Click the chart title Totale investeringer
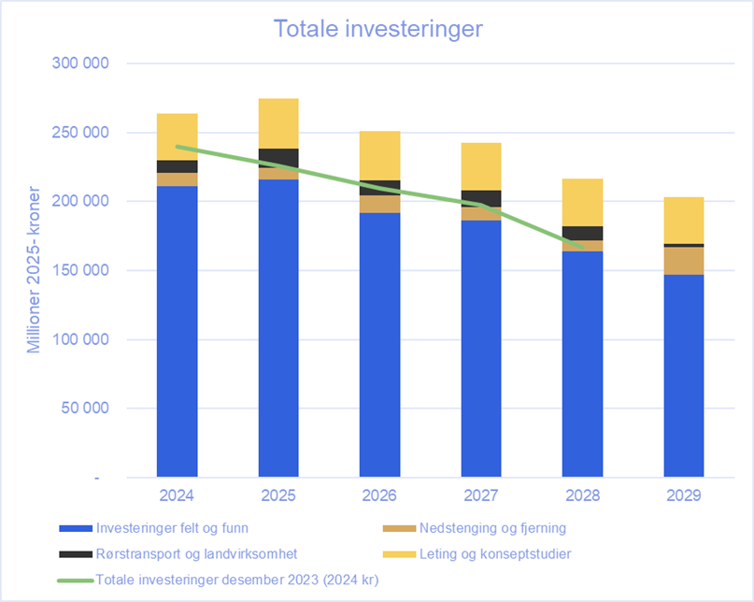tap(377, 29)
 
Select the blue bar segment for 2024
tap(177, 332)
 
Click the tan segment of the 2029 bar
tap(684, 261)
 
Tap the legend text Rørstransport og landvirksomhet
tap(196, 554)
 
